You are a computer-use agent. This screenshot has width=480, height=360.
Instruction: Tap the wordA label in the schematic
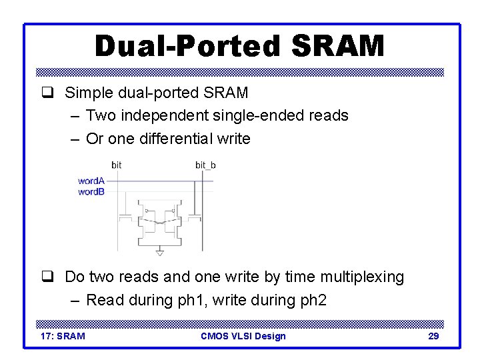click(91, 181)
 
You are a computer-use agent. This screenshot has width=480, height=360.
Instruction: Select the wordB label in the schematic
click(91, 191)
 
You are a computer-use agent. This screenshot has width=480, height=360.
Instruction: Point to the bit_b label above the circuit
click(205, 165)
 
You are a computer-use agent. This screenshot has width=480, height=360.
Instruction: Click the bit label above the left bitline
click(117, 165)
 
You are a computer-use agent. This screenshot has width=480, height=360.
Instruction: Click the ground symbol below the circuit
click(159, 252)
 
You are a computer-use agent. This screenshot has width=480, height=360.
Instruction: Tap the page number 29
click(433, 336)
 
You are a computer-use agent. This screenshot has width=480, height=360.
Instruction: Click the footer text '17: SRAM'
click(63, 336)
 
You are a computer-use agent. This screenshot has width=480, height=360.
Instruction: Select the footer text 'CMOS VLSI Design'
click(243, 336)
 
